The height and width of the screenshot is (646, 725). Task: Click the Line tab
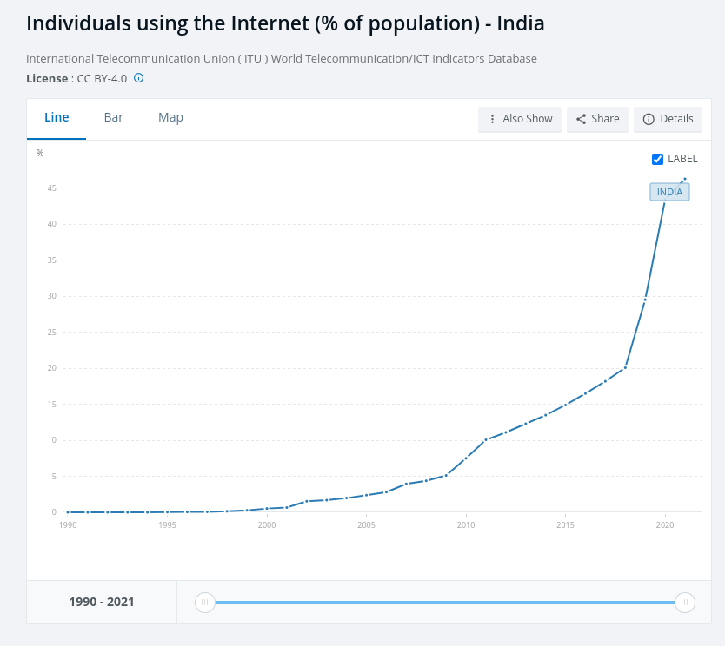[57, 118]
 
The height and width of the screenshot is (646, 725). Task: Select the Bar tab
[113, 118]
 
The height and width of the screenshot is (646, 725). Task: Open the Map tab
[170, 118]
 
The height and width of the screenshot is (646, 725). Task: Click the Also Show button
[520, 119]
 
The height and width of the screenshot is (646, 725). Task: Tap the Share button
[597, 119]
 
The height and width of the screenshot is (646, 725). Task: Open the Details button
[668, 119]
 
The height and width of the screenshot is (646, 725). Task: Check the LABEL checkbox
[658, 159]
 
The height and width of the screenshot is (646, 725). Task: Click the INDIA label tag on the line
[669, 192]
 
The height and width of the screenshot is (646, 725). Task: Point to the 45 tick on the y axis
[52, 188]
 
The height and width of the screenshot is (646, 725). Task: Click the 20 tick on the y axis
[52, 368]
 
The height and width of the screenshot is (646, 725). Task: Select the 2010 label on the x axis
[466, 525]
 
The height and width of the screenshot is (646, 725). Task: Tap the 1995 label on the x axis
[167, 525]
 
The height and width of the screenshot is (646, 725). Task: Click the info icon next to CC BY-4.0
[138, 78]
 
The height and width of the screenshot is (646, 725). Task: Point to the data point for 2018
[625, 367]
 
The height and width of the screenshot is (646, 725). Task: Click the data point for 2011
[486, 439]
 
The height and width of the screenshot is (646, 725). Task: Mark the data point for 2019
[645, 300]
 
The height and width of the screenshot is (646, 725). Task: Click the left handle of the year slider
[204, 602]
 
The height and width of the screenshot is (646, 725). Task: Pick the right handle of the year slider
[685, 602]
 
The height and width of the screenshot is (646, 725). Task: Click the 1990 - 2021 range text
[102, 602]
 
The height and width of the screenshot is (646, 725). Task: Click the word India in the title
[520, 23]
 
